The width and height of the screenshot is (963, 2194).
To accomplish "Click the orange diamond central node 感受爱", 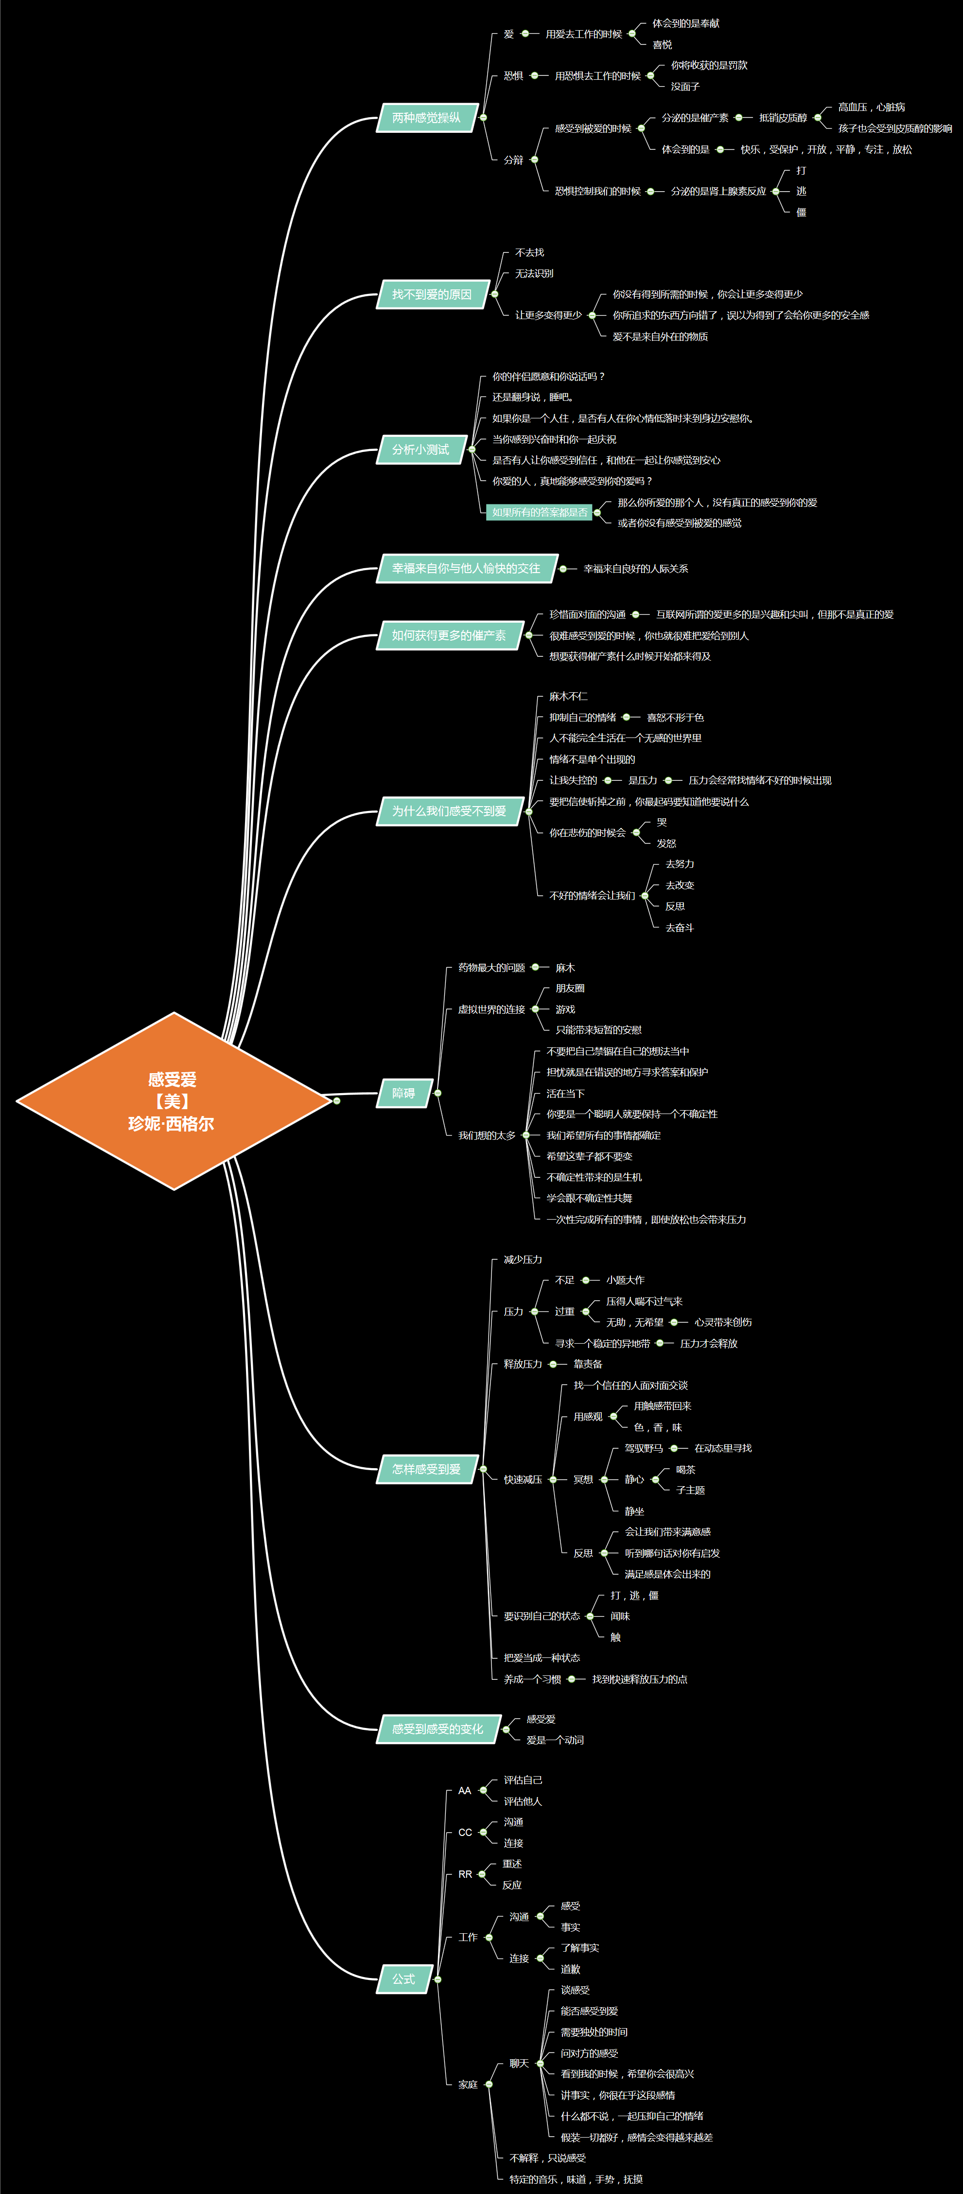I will (173, 1100).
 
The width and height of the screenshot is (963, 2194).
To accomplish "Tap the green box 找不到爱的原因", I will (432, 295).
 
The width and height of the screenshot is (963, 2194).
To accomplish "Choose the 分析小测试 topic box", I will (420, 450).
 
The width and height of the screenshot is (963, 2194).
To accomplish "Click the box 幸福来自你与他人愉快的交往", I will (466, 568).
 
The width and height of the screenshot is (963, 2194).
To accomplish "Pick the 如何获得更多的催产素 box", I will (449, 635).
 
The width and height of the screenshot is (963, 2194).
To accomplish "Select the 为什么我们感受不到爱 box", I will (449, 811).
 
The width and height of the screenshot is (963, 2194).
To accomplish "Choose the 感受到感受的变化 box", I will (438, 1729).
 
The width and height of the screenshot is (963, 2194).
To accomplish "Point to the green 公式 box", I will (403, 1978).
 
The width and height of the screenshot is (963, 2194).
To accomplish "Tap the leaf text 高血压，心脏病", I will (871, 108).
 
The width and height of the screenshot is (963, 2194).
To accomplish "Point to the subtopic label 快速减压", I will (523, 1479).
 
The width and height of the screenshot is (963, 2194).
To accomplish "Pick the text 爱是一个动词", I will (555, 1740).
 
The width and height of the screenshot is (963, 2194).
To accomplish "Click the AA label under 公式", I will (465, 1790).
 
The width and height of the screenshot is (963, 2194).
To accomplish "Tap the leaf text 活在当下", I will (565, 1094).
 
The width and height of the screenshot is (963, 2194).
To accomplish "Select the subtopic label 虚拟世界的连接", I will (491, 1009).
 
